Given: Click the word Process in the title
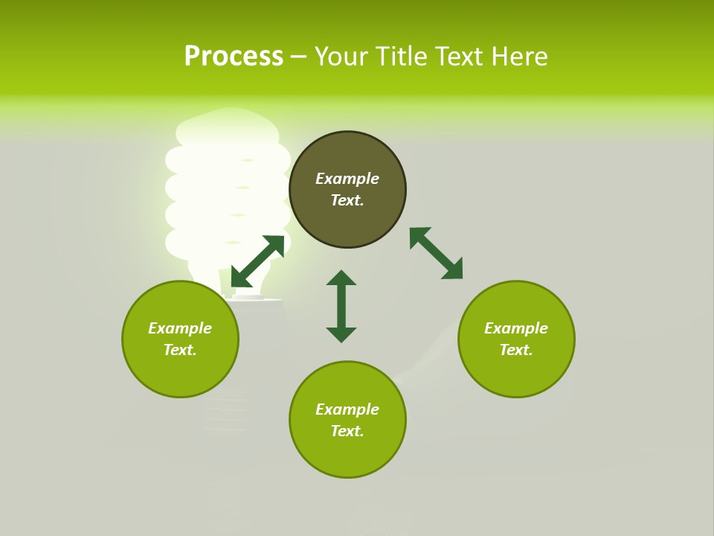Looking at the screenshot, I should (234, 57).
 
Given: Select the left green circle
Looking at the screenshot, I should (180, 372).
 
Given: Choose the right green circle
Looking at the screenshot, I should (516, 372).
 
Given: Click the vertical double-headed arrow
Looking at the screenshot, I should (341, 306).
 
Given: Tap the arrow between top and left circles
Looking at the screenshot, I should (257, 261).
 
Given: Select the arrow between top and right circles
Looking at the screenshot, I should (436, 253).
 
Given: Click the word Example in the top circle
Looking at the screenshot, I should (347, 179).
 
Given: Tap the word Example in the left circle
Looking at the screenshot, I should (180, 328).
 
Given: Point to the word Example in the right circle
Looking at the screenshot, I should (516, 328).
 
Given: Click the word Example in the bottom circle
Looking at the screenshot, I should (347, 409).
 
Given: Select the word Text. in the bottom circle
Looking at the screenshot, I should (347, 431).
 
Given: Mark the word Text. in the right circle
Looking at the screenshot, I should (516, 350).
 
